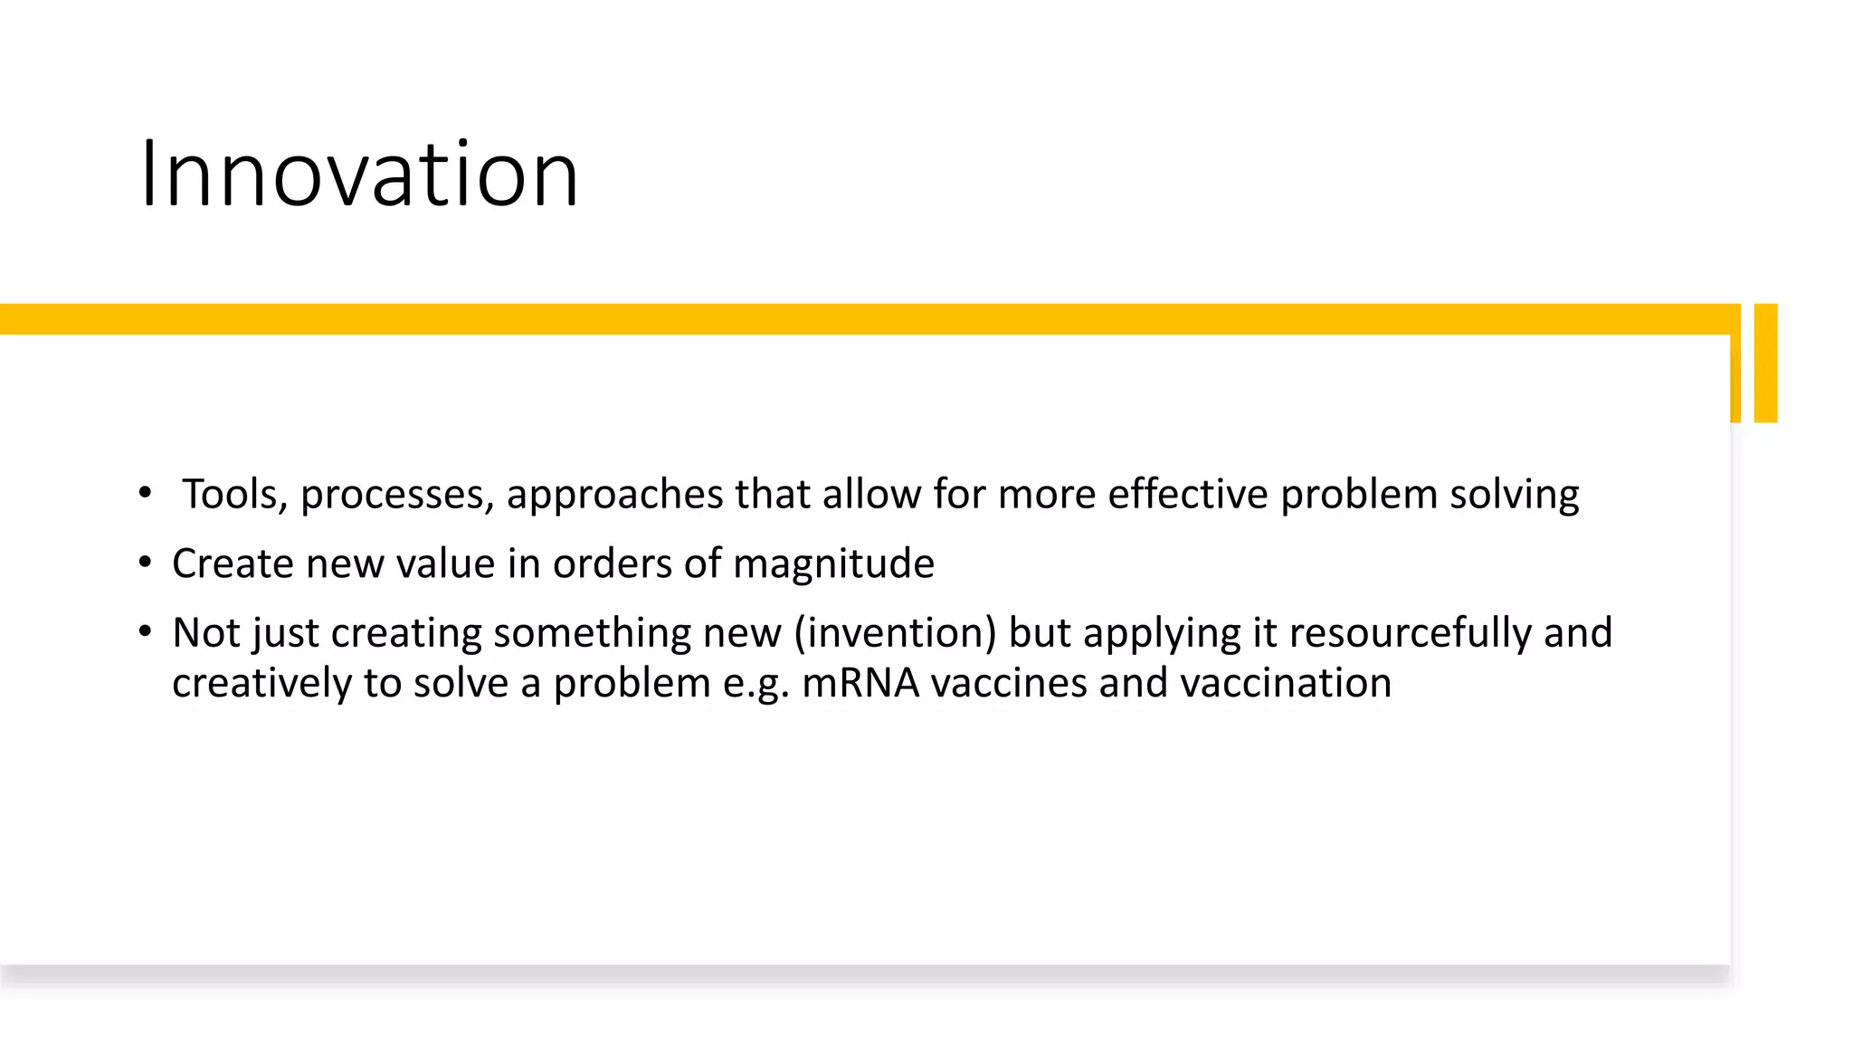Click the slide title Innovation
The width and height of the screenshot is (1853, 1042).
[359, 174]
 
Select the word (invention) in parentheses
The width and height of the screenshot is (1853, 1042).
[895, 633]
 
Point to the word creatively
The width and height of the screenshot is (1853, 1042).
[261, 684]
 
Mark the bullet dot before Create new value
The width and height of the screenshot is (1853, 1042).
[145, 563]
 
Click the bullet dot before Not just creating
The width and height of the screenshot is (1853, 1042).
[145, 631]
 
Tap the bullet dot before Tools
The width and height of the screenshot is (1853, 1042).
[145, 493]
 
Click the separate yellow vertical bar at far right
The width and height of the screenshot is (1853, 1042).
[1765, 363]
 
